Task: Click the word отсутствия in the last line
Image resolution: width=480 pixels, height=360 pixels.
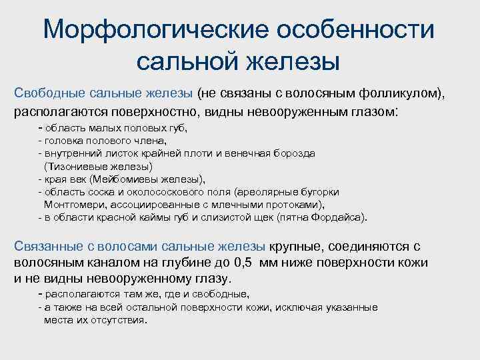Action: point(117,320)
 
